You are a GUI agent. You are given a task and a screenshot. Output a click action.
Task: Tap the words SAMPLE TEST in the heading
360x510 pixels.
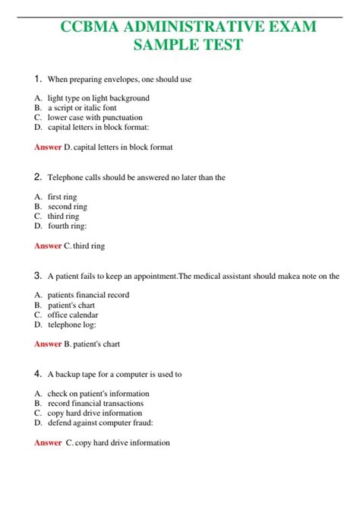point(188,45)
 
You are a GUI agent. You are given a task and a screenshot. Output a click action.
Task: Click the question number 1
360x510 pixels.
point(38,78)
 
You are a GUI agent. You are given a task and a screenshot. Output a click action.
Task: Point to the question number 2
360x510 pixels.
point(38,177)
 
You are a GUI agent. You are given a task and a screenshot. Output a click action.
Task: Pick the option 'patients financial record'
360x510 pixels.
point(88,295)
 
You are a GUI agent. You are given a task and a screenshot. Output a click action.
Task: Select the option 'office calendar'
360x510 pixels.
point(73,315)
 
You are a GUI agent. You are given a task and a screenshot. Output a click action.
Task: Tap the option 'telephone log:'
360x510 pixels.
point(73,325)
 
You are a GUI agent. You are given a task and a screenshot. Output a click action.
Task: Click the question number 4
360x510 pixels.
point(38,374)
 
